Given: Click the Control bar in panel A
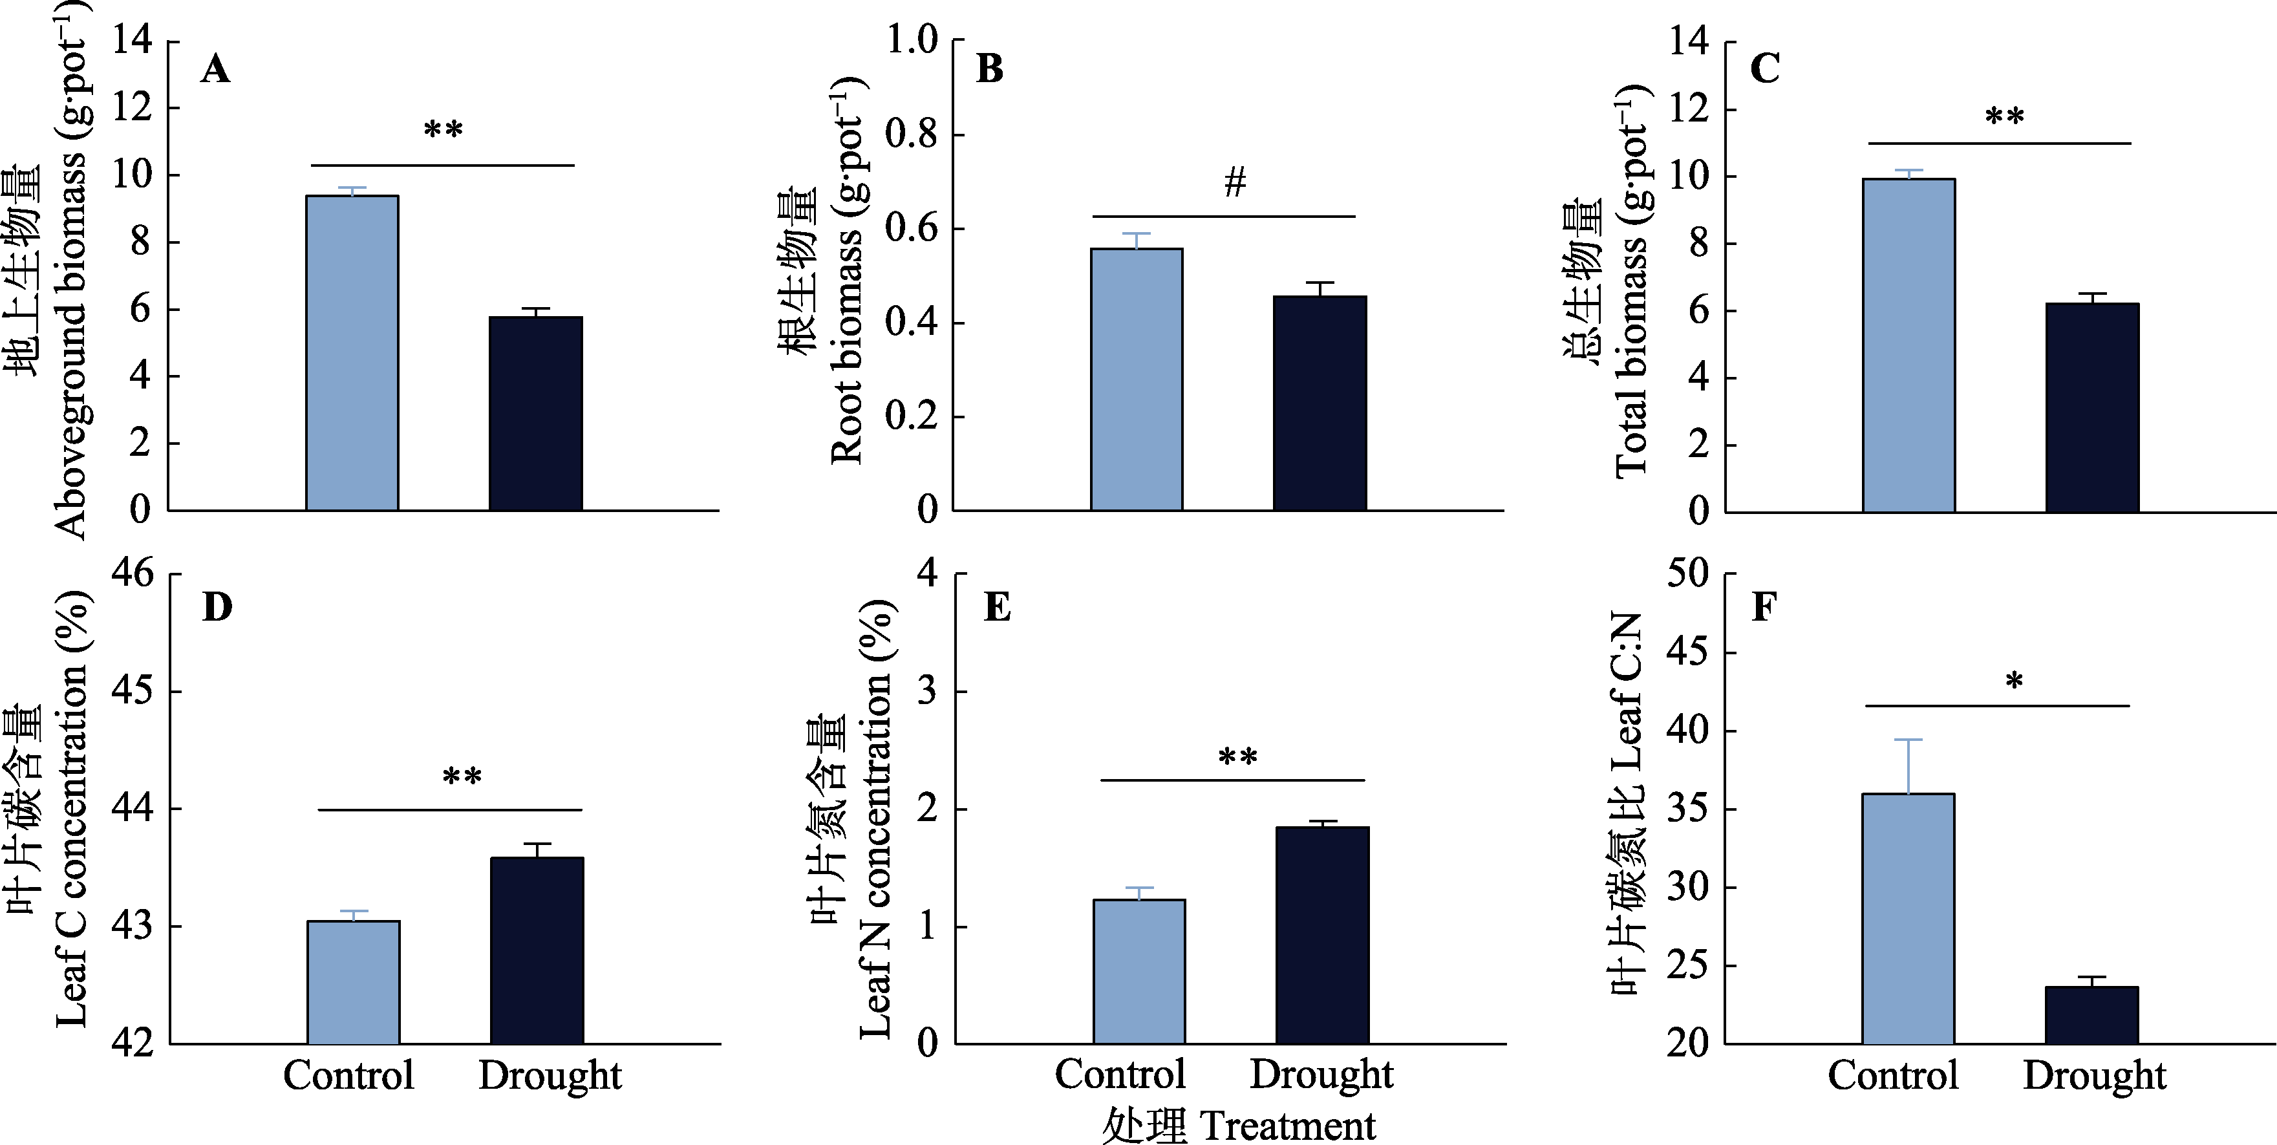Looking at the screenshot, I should (x=352, y=353).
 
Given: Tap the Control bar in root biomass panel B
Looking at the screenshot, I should (x=1137, y=380).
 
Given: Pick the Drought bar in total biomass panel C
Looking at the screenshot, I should (x=2092, y=407).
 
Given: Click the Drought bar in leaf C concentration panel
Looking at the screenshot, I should (x=537, y=950).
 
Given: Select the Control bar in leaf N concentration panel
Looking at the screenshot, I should (x=1139, y=972).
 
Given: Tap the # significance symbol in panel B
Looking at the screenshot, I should (x=1235, y=182).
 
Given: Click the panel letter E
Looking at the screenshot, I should (x=997, y=608).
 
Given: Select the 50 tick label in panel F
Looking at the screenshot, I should (x=1687, y=575).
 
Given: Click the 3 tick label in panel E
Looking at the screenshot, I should (x=927, y=691).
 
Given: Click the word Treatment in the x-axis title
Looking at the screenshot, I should (x=1288, y=1126).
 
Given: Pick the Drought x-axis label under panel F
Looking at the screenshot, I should (x=2094, y=1076).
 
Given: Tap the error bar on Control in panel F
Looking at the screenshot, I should (x=1908, y=765).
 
